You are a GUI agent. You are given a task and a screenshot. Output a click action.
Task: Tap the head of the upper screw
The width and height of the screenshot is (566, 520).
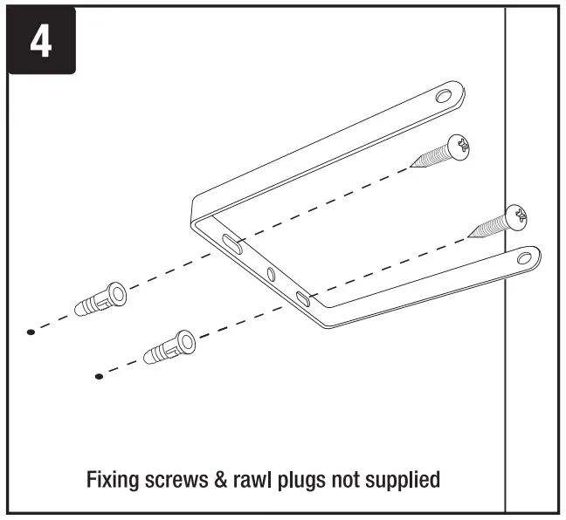point(458,146)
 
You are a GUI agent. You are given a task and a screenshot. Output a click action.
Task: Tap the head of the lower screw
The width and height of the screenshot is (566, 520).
point(521,215)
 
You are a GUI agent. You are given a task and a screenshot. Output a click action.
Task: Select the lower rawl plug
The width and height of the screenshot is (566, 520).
point(169,349)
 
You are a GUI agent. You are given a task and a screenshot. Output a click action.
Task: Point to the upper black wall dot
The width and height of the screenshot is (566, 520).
point(31,332)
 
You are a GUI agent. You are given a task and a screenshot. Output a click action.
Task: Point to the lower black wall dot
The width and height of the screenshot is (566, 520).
point(99,376)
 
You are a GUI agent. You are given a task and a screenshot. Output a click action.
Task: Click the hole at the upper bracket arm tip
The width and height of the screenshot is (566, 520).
point(445,94)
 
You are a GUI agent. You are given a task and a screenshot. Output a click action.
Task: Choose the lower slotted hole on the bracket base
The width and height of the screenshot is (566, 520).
point(302,298)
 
